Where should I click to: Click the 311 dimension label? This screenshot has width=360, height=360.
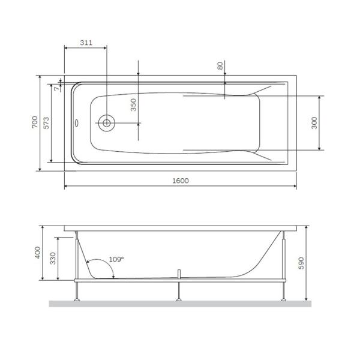[86, 43]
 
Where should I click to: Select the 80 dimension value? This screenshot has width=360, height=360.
[220, 66]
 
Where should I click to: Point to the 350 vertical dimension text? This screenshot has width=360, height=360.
[134, 105]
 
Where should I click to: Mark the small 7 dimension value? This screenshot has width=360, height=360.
[56, 88]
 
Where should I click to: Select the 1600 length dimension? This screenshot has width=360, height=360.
[179, 181]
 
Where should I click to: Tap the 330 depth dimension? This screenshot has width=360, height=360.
[53, 258]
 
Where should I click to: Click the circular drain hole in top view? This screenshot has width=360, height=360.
[106, 122]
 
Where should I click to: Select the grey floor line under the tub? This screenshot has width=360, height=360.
[180, 304]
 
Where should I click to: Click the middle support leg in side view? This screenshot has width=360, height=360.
[178, 291]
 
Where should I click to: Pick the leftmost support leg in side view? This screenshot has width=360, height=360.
[76, 291]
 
